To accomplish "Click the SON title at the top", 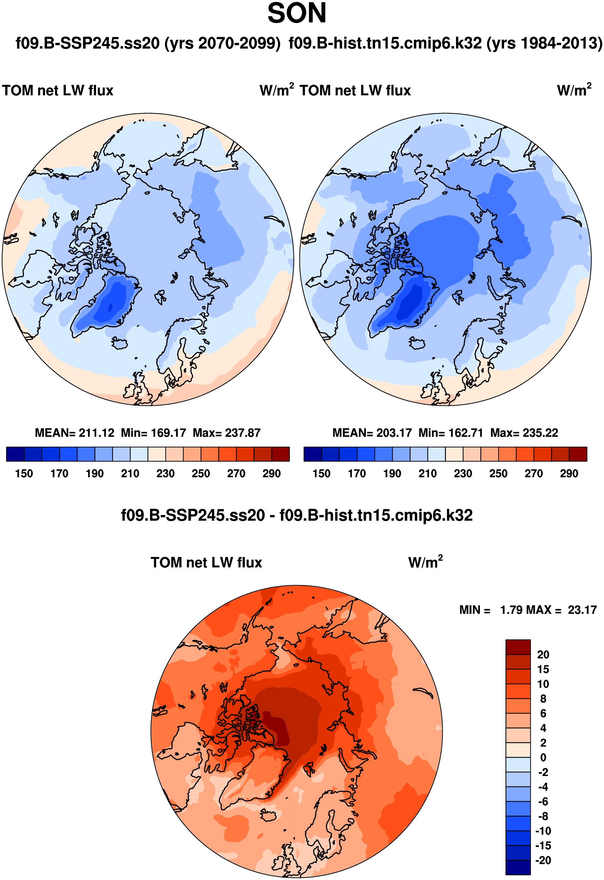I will (297, 14).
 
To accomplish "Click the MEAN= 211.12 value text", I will (74, 433).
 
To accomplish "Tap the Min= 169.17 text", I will (153, 433).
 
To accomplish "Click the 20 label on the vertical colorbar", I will (543, 655).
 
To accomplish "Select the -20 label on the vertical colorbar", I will (543, 860).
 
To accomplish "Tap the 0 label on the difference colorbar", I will (543, 758).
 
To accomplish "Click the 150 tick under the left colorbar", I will (24, 474).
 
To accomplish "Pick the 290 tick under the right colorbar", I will (569, 474).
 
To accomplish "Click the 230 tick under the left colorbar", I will (166, 474).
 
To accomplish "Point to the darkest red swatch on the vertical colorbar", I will (518, 647).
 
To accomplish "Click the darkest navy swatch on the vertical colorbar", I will (518, 868).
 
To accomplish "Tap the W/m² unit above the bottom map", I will (425, 562).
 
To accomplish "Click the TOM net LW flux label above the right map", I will (355, 90).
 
